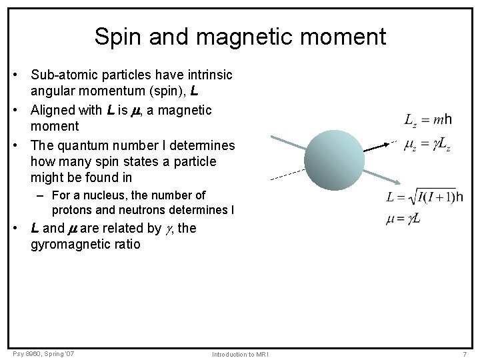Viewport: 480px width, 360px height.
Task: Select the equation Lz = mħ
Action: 427,120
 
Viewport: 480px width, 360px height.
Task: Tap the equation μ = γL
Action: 403,219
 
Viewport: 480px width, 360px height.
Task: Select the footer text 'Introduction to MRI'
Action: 239,354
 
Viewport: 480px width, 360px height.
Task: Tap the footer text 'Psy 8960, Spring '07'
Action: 43,353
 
